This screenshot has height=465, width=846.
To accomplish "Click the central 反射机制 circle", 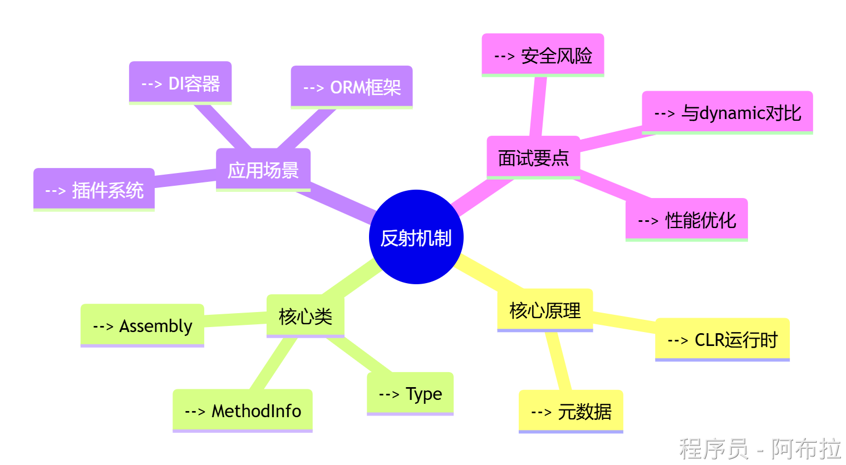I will coord(416,237).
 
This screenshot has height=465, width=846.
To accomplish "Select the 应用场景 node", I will coord(263,170).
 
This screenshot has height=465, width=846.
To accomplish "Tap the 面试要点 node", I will coord(533,157).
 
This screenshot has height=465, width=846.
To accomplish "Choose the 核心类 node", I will coord(306,316).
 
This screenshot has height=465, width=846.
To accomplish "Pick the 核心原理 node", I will coord(545,310).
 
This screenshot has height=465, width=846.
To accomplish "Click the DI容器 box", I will coord(180,83).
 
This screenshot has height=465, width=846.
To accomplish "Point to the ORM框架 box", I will coord(352,87).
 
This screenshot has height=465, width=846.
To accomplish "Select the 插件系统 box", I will coord(94,190).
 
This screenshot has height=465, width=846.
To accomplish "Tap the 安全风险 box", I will coord(543,55).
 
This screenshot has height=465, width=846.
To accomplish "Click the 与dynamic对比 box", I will coord(727,112).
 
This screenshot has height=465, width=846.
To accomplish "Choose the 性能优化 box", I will coord(687,220).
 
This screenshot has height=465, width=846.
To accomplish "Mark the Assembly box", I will coord(142,325).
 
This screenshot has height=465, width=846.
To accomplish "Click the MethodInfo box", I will coord(243,410).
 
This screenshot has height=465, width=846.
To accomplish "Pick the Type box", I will coord(410,394).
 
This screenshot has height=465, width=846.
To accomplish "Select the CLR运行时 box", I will coord(722,339).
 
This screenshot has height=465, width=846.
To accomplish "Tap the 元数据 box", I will coord(571,412).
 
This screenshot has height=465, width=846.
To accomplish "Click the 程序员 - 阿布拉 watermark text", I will coord(760,448).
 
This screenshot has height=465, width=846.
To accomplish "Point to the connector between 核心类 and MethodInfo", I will coord(274,364).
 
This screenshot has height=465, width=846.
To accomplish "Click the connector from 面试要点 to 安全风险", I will coord(538,107).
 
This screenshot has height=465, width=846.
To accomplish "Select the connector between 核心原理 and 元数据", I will coord(559,362).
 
